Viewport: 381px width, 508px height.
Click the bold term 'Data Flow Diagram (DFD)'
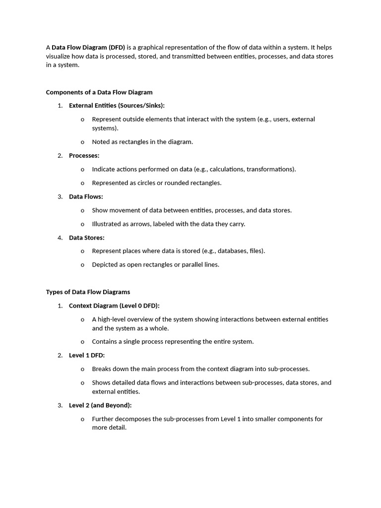point(88,48)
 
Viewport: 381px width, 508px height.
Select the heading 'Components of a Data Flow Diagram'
point(99,92)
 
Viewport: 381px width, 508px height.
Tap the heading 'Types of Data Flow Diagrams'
point(88,292)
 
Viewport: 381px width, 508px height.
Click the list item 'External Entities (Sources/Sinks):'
point(117,106)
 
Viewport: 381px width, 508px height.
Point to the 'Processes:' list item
point(84,156)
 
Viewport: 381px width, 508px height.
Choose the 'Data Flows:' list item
point(86,197)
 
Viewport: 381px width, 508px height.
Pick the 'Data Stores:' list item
point(86,238)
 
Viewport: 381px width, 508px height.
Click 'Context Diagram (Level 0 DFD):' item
point(114,306)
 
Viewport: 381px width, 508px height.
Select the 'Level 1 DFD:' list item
point(87,355)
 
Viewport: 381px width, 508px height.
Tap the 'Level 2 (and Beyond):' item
point(100,405)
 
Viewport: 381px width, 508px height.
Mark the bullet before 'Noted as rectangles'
point(82,142)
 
